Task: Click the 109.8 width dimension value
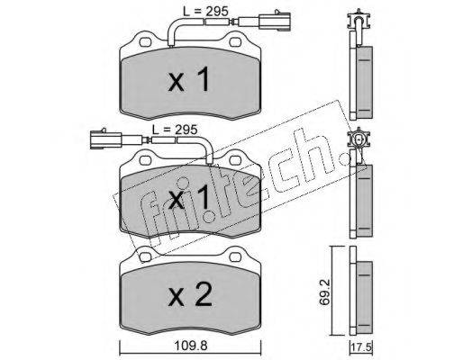click(191, 346)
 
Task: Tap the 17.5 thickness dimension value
click(361, 349)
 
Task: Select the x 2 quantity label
click(190, 294)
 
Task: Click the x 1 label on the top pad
click(189, 79)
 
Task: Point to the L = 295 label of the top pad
click(205, 12)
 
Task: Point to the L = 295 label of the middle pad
click(175, 130)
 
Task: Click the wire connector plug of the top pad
click(276, 21)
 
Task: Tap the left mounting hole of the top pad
click(145, 42)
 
